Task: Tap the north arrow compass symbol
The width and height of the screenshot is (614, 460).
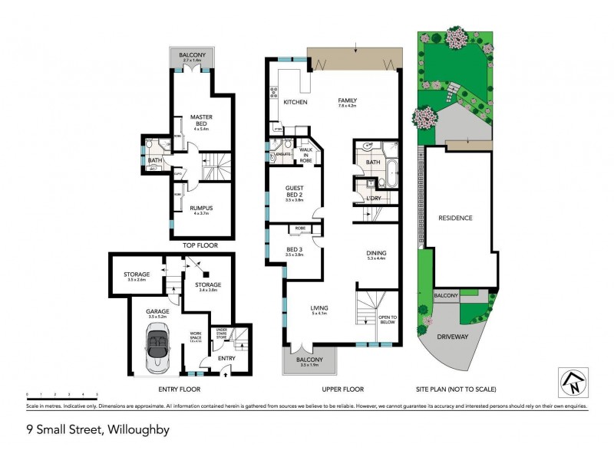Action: (572, 381)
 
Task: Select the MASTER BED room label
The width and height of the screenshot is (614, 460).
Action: (201, 120)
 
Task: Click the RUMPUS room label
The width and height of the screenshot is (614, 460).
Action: (201, 208)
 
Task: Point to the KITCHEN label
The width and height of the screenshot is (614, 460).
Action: (295, 102)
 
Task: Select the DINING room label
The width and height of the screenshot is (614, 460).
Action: (376, 254)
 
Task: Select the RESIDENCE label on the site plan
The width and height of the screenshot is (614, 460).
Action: (455, 218)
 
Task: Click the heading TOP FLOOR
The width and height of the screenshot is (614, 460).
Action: (200, 245)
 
